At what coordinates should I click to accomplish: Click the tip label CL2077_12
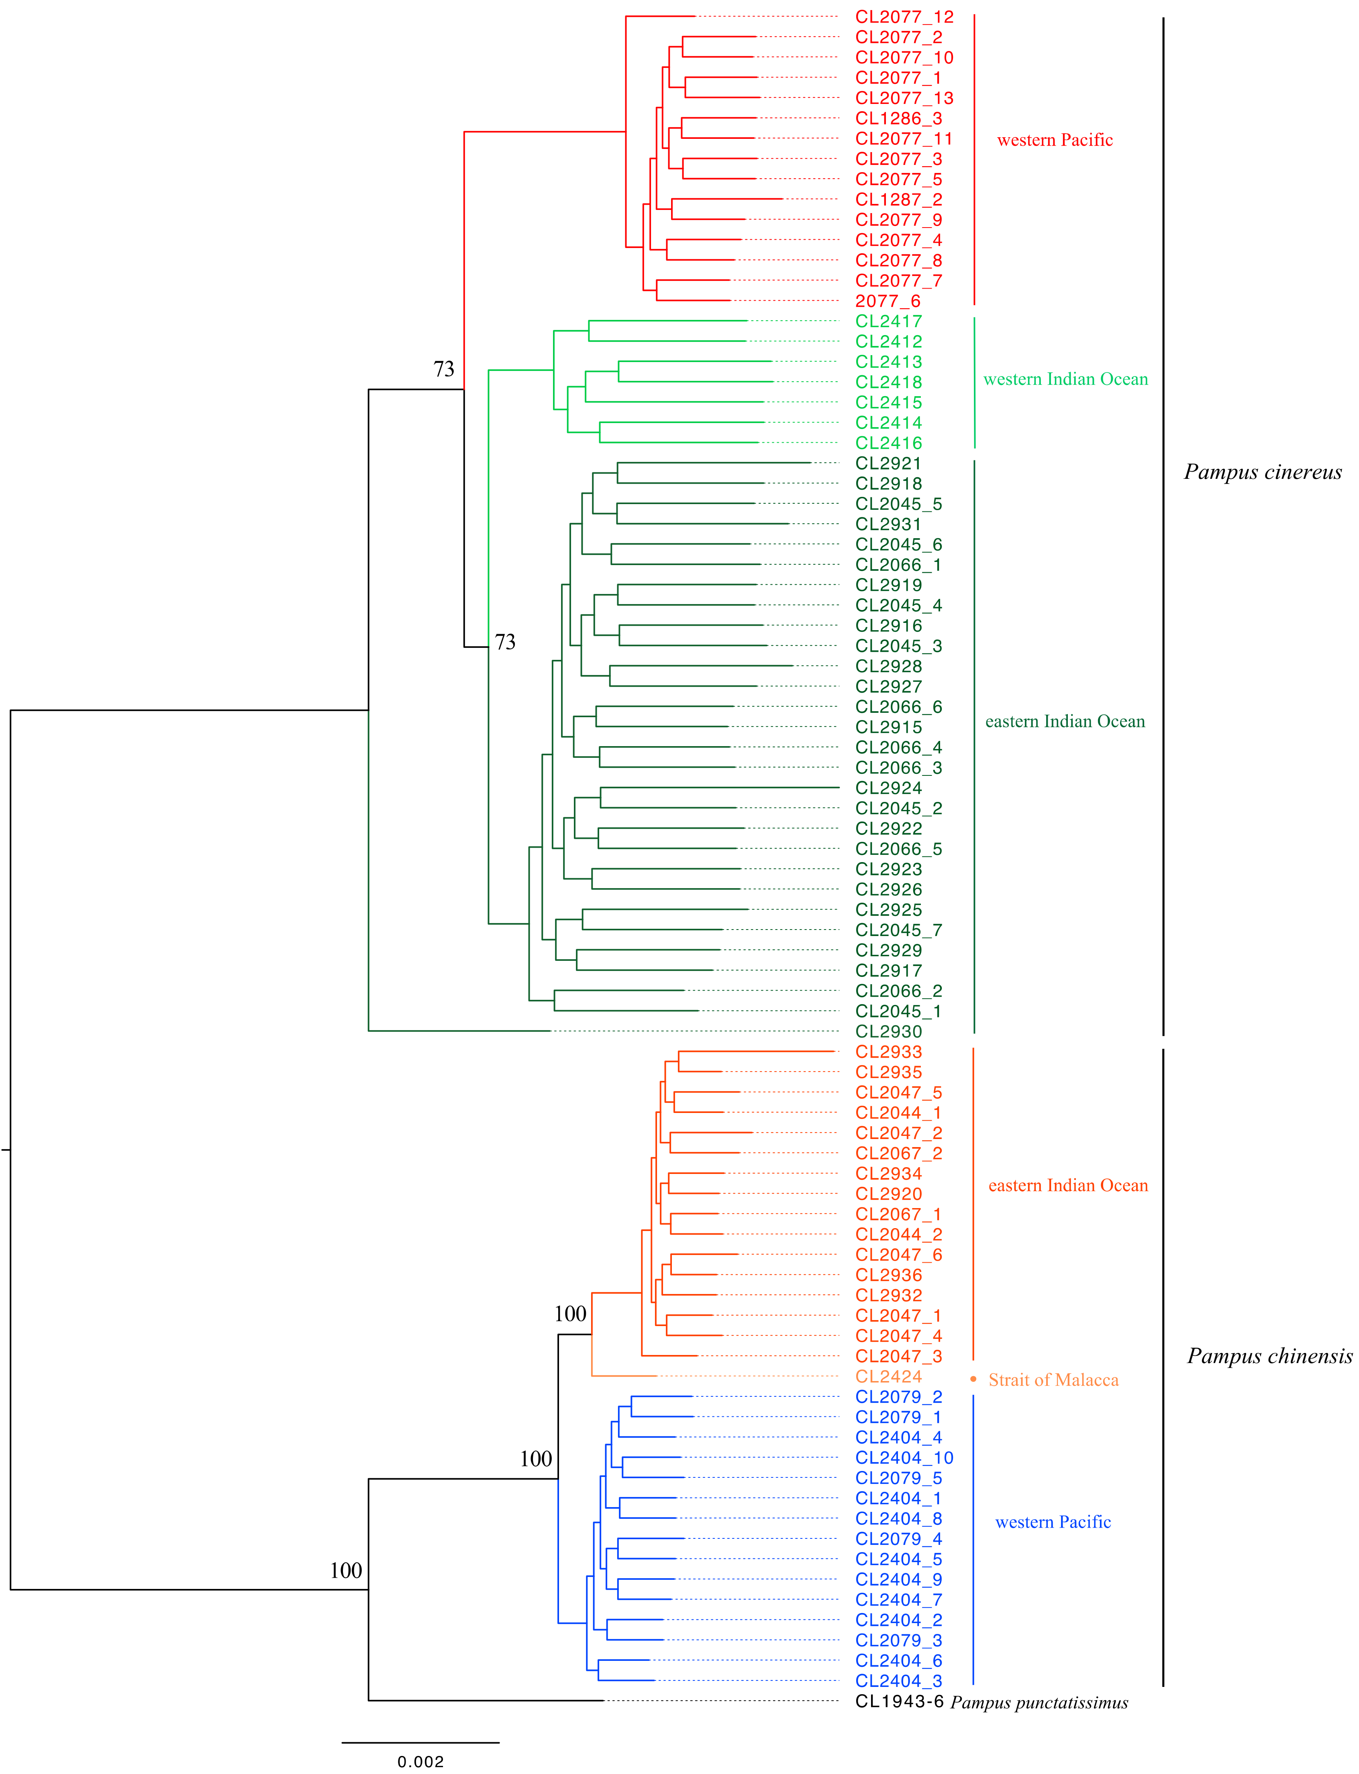coord(904,17)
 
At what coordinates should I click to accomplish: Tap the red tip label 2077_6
coord(888,301)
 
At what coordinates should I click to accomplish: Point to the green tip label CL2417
coord(888,321)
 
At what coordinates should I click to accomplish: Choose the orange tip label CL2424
coord(888,1376)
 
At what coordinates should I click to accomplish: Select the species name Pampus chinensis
coord(1269,1356)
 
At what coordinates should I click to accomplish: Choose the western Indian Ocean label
coord(1065,379)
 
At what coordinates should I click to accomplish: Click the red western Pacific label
coord(1055,140)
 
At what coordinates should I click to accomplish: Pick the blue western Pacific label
coord(1053,1522)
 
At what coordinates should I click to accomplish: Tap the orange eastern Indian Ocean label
coord(1068,1185)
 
